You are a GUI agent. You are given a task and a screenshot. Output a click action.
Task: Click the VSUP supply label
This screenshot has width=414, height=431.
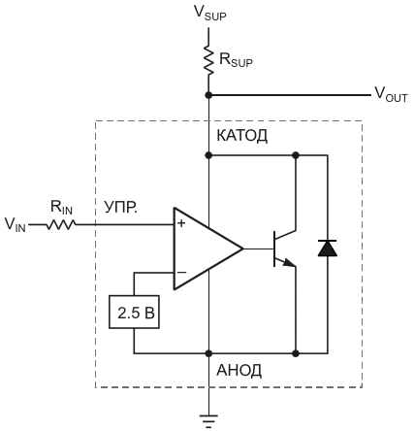pyautogui.click(x=210, y=13)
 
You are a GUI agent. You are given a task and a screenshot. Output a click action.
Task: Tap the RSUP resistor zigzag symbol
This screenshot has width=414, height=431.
pyautogui.click(x=208, y=60)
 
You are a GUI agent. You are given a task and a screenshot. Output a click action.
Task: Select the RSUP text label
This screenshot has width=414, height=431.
pyautogui.click(x=236, y=60)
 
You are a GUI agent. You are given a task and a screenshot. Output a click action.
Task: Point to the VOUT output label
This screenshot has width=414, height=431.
pyautogui.click(x=391, y=94)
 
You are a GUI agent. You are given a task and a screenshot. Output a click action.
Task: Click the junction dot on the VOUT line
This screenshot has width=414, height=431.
pyautogui.click(x=208, y=95)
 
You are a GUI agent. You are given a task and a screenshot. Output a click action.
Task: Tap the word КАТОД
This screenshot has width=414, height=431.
pyautogui.click(x=242, y=136)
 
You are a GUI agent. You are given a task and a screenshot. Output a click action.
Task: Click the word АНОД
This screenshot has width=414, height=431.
pyautogui.click(x=239, y=371)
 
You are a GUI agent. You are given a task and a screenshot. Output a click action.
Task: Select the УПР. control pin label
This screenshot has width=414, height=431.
pyautogui.click(x=121, y=207)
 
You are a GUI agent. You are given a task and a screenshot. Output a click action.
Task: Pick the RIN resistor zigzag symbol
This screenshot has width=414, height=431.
pyautogui.click(x=61, y=224)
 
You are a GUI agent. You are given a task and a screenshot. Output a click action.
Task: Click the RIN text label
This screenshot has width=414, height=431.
pyautogui.click(x=61, y=208)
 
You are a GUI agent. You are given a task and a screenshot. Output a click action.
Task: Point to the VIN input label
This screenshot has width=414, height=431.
pyautogui.click(x=16, y=224)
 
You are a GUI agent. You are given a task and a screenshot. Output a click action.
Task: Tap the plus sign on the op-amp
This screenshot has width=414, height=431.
pyautogui.click(x=182, y=223)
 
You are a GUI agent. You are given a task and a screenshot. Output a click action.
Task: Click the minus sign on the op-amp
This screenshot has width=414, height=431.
pyautogui.click(x=182, y=273)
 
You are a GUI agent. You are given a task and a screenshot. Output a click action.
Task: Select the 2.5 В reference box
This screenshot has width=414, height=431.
pyautogui.click(x=134, y=312)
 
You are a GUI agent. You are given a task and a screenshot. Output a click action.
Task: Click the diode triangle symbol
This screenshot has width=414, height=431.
pyautogui.click(x=328, y=249)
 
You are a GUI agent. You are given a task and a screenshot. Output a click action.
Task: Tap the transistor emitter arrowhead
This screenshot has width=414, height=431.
pyautogui.click(x=290, y=263)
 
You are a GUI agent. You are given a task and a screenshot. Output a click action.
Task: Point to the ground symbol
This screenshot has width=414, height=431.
pyautogui.click(x=208, y=421)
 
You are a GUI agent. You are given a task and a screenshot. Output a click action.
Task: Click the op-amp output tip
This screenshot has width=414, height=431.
pyautogui.click(x=242, y=249)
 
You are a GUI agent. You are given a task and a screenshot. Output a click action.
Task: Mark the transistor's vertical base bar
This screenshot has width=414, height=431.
pyautogui.click(x=274, y=249)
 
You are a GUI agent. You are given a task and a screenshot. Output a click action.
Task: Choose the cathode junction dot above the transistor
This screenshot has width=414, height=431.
pyautogui.click(x=296, y=155)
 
